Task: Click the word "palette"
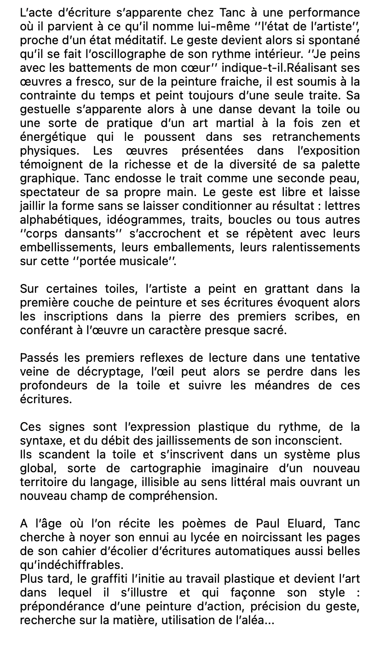tap(337, 164)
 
